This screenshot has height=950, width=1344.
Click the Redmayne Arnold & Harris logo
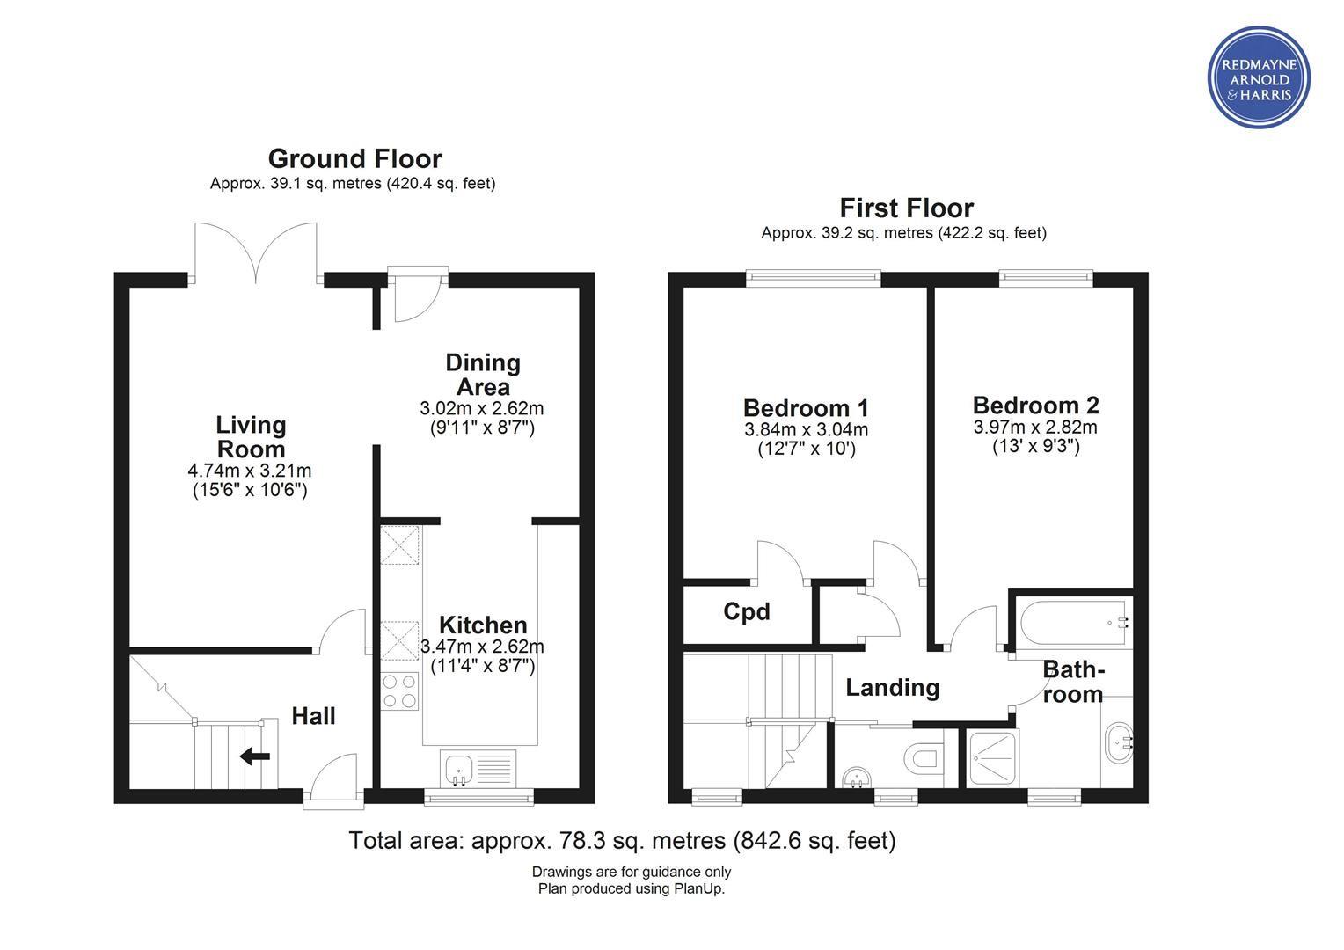coord(1259,77)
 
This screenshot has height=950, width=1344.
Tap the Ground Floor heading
coord(354,159)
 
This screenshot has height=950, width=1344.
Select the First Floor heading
coord(906,208)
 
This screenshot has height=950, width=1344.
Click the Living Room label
coord(251,437)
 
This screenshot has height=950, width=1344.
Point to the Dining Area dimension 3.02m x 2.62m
coord(482,408)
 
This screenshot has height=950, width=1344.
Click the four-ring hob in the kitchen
coord(399,691)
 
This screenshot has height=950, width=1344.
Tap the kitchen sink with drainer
coord(478,768)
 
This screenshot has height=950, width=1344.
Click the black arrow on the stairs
coord(255,756)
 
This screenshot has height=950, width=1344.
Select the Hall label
coord(313,716)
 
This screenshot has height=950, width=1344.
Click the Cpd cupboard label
coord(747,611)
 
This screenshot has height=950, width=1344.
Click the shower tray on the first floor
coord(992,758)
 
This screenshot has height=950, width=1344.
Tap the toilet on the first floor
coord(923,759)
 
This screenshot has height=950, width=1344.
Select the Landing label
coord(892,688)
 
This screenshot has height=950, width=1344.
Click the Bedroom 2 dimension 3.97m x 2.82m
coord(1035,427)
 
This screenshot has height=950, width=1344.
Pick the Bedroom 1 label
coord(806,408)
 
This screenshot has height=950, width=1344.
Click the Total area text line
coord(622,841)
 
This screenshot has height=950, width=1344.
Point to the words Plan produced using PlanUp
coord(632,888)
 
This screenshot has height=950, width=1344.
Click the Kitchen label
coord(483,625)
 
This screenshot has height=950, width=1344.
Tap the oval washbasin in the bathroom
coord(1119,743)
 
